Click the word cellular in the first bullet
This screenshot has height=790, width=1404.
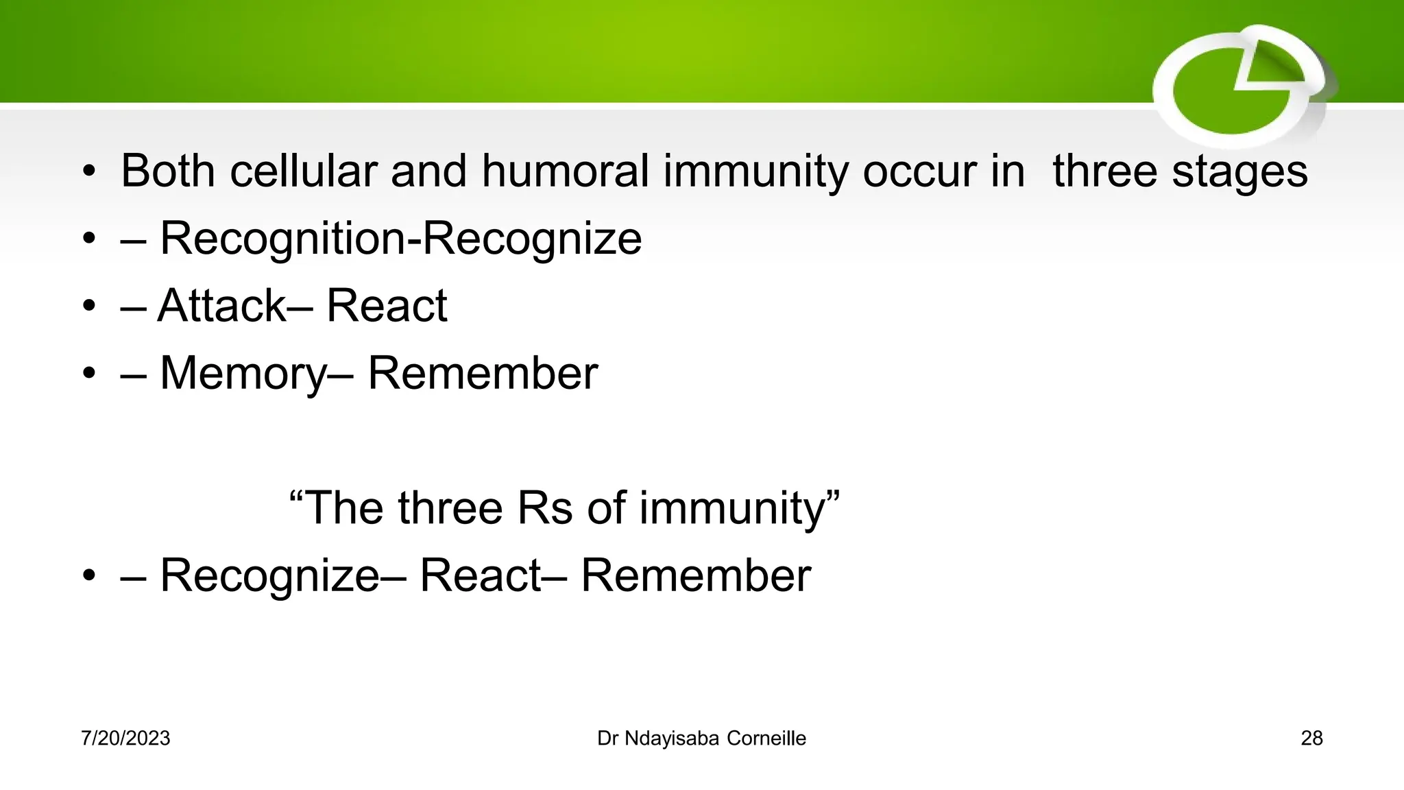[x=303, y=171]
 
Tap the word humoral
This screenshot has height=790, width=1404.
[x=565, y=171]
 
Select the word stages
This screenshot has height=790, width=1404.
[x=1239, y=172]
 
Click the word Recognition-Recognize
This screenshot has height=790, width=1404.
[x=401, y=239]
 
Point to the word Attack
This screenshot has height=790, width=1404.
[x=221, y=305]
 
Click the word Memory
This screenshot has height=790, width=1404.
[x=243, y=374]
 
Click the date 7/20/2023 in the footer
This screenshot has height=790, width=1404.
[x=125, y=739]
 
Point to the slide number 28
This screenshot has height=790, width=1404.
[x=1311, y=739]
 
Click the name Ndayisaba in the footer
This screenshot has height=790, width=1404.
[x=672, y=739]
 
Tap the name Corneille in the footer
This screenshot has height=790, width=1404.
[x=766, y=739]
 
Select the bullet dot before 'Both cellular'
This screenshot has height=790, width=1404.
[x=89, y=172]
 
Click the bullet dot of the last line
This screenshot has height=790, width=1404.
[x=89, y=577]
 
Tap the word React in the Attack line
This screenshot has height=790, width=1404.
[x=387, y=305]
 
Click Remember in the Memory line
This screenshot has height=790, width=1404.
[x=483, y=373]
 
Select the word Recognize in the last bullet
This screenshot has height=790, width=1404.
[x=269, y=576]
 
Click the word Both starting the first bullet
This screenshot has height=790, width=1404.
[x=168, y=171]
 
